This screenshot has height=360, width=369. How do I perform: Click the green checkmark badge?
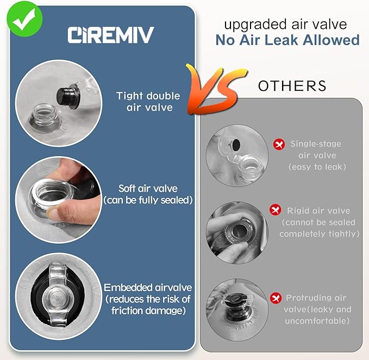[24, 20]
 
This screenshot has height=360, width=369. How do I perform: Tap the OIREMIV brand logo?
[111, 35]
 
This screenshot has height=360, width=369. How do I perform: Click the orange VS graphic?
[216, 89]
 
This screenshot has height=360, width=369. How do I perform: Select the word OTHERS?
[292, 86]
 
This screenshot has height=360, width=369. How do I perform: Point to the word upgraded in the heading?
[256, 25]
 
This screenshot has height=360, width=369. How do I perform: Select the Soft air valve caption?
[148, 194]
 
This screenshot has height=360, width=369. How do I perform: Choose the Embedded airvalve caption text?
[148, 299]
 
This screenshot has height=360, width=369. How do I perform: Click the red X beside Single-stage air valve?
[279, 144]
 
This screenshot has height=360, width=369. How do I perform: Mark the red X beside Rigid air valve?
[276, 209]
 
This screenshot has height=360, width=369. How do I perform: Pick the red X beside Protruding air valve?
[276, 298]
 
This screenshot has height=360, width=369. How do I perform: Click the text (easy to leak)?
[317, 167]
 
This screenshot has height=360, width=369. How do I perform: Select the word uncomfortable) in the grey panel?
[317, 321]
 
